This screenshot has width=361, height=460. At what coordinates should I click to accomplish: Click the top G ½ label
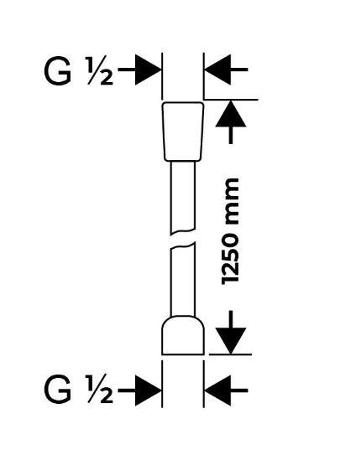(78, 70)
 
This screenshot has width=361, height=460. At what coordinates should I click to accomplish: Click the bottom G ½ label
(78, 391)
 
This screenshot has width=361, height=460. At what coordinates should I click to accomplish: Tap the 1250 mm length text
(230, 231)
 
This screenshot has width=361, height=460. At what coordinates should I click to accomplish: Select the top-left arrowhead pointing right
(149, 70)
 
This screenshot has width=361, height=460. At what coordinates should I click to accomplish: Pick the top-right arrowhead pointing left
(217, 70)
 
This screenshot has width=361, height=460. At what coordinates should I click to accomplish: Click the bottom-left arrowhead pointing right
(149, 390)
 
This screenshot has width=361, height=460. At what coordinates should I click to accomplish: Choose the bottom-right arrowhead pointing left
(217, 390)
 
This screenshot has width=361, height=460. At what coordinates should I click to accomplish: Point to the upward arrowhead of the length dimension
(231, 114)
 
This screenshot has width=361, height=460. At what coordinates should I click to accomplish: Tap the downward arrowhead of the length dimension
(231, 341)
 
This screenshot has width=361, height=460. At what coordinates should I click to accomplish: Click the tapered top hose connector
(183, 132)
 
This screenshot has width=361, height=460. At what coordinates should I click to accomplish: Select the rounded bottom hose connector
(183, 335)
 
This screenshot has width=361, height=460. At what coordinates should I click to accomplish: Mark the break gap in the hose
(183, 239)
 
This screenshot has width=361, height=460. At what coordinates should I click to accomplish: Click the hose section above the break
(183, 197)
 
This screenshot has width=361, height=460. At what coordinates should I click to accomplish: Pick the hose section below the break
(183, 280)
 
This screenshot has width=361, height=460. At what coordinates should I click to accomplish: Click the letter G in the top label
(57, 71)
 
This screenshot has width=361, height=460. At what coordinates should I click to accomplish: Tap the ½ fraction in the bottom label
(99, 391)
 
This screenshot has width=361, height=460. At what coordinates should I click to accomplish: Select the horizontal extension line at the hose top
(231, 100)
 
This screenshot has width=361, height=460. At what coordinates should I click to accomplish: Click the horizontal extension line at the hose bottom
(230, 354)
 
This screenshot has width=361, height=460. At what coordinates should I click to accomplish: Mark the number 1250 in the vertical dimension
(230, 256)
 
